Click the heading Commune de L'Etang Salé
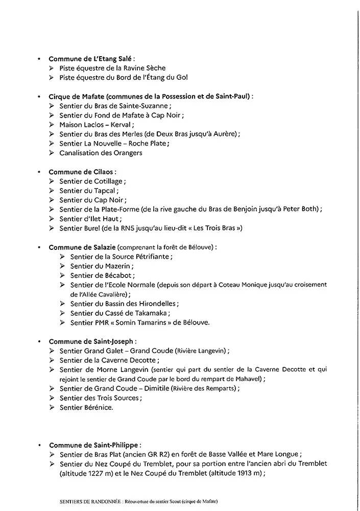pos(84,59)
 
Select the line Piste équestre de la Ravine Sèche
pos(112,68)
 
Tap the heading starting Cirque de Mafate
pos(150,96)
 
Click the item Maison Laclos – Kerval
pos(97,125)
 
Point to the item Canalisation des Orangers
pos(101,153)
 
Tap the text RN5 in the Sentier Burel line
pos(139,228)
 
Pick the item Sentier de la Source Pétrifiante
pos(122,257)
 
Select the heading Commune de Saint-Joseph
pos(92,341)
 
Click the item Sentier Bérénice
pos(86,407)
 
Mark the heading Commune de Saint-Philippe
pos(94,445)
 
